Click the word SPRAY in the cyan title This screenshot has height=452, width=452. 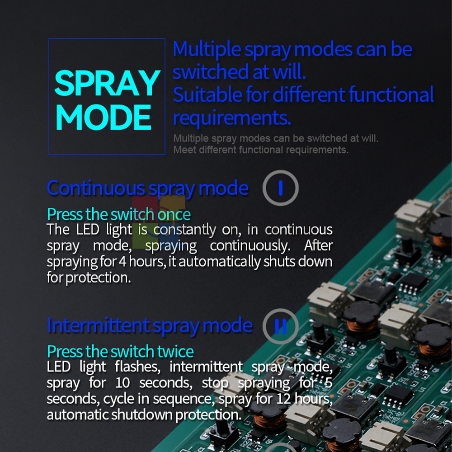point(107,83)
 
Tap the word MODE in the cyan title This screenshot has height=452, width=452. point(104,117)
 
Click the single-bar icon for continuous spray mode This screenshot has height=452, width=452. point(280,188)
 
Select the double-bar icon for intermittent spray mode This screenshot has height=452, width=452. point(280,326)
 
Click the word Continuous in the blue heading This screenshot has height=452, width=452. point(96,188)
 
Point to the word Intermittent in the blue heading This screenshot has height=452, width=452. point(98,325)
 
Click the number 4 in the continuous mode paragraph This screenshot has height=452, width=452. point(122,262)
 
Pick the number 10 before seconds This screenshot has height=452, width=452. point(122,383)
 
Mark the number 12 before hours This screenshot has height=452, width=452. point(284,399)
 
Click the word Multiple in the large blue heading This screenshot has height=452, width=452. point(207,50)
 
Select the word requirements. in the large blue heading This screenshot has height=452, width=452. point(232,118)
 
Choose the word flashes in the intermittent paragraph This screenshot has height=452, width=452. point(137,367)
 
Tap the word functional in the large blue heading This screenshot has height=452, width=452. point(391,94)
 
